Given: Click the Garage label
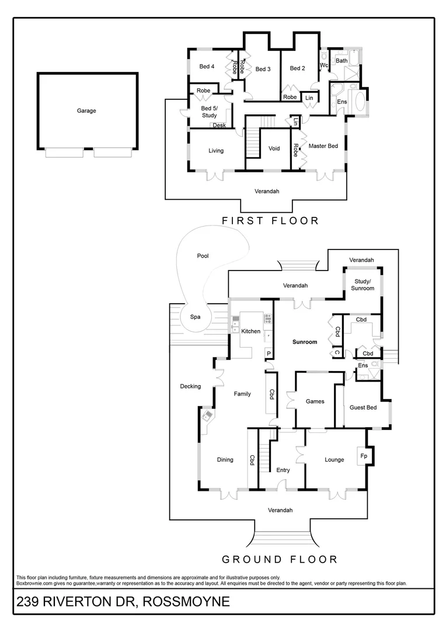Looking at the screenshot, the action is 86,110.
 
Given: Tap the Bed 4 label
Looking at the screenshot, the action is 207,67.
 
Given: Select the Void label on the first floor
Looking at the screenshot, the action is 274,148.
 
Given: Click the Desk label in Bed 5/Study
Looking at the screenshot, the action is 219,125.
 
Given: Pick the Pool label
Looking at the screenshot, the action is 203,256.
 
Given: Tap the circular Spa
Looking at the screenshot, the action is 196,317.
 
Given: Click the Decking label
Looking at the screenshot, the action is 190,386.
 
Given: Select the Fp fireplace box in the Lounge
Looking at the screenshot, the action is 364,456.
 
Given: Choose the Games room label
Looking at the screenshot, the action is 315,401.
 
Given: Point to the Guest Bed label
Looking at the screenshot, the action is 363,407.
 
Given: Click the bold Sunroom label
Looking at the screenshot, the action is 305,342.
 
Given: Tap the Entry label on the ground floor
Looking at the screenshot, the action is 283,470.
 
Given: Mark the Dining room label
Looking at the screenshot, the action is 225,460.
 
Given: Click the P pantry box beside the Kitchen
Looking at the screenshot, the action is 269,353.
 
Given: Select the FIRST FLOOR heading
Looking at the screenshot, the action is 270,221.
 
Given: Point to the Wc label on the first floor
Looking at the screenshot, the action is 324,65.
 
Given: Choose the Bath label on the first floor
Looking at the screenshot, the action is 342,61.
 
